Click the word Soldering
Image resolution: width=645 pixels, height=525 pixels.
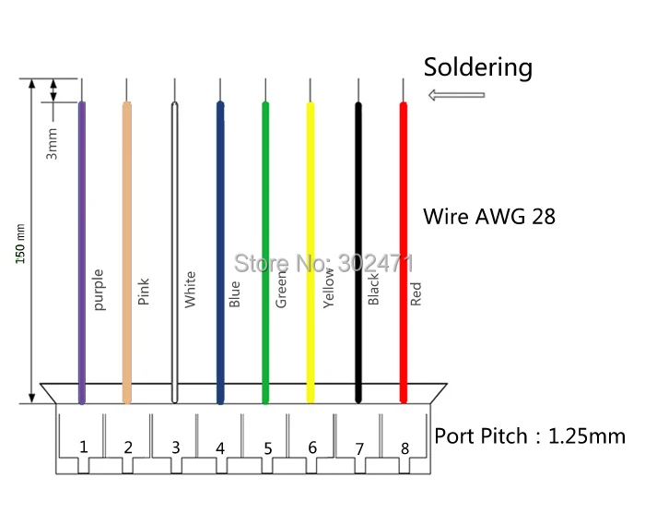tap(478, 68)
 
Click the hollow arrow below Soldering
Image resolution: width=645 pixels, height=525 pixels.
tap(457, 95)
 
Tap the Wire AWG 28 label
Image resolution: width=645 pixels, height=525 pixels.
tap(489, 216)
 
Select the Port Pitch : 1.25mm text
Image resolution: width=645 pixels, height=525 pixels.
tap(530, 436)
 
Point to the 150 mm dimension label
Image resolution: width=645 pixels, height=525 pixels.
tap(20, 244)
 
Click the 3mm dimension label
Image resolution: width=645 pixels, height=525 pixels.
tap(52, 144)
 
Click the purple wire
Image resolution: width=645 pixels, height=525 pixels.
tap(82, 253)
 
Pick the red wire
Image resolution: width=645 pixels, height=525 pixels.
tap(404, 253)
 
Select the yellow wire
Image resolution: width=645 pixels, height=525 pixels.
tap(311, 253)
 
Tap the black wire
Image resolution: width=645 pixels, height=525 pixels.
tap(358, 253)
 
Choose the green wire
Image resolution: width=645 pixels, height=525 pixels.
tap(265, 253)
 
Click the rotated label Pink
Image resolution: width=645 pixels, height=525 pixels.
tap(144, 292)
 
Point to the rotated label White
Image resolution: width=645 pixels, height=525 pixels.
tap(190, 290)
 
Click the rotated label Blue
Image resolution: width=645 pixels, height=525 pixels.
tap(234, 294)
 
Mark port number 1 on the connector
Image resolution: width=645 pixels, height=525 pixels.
tap(84, 447)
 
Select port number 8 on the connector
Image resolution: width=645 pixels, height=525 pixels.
tap(405, 448)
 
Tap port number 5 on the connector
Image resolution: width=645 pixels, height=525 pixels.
tap(268, 448)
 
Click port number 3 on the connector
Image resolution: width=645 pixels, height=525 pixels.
tap(176, 447)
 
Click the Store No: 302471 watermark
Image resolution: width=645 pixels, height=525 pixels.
tap(323, 263)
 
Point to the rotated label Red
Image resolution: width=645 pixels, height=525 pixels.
tap(416, 294)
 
